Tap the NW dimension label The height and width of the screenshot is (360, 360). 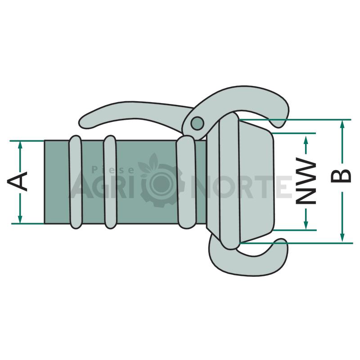[x=306, y=180]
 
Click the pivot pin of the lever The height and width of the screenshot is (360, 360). [x=198, y=123]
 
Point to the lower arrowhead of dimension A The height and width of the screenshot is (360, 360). [x=20, y=219]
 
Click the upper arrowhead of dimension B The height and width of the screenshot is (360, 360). [x=342, y=125]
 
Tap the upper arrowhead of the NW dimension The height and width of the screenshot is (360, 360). [x=306, y=140]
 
